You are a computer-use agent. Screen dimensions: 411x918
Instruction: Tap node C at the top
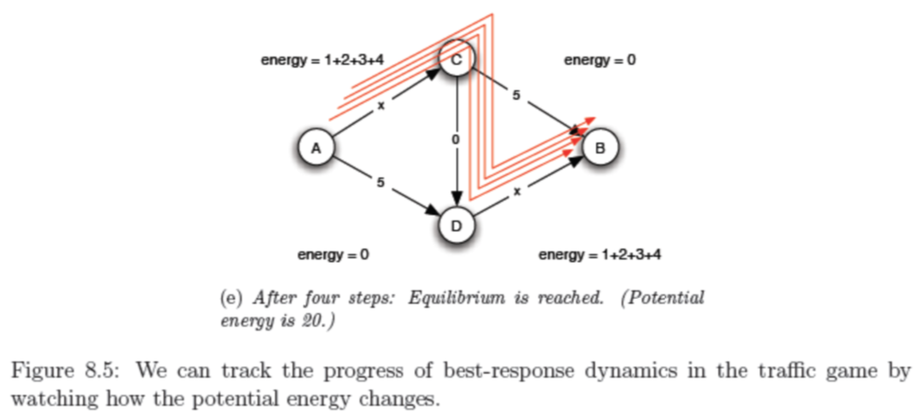(457, 59)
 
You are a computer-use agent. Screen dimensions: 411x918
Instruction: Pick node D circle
(456, 226)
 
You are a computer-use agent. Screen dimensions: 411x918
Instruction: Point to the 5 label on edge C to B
(516, 96)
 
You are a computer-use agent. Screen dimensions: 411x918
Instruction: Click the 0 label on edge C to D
(456, 139)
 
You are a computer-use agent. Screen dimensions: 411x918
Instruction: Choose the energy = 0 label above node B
(601, 61)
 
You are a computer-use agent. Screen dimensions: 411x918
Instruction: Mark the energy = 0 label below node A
(333, 254)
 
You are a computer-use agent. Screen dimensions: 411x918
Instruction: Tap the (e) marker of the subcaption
(231, 299)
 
